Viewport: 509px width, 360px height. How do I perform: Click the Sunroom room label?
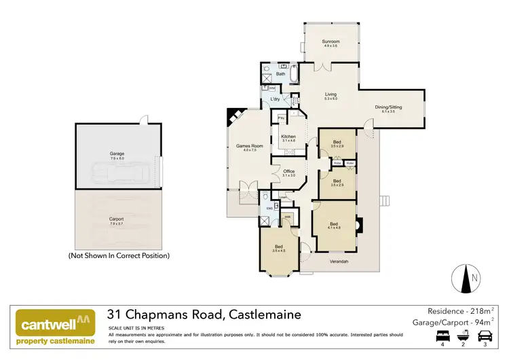[331, 42]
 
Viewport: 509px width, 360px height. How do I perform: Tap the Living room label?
[331, 95]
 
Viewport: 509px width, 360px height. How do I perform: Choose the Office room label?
[288, 171]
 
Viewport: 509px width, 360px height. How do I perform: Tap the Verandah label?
[339, 261]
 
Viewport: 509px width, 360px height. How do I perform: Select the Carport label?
[117, 219]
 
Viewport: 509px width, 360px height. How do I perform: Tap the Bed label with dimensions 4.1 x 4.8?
[333, 224]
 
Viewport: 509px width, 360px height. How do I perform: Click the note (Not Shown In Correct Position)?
[119, 256]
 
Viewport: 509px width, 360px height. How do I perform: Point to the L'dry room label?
[276, 100]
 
